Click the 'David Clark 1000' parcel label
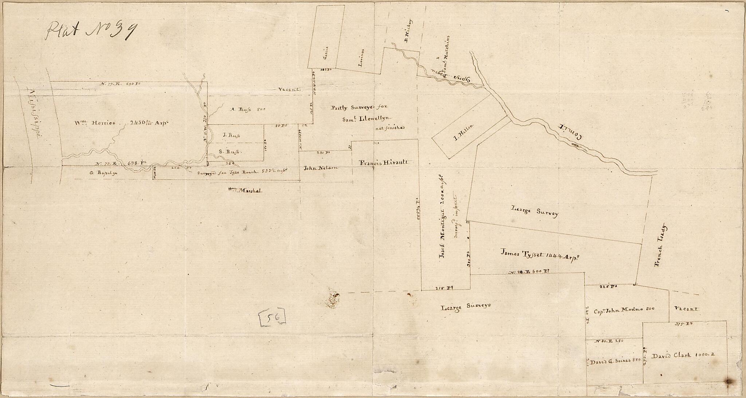tap(684, 356)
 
